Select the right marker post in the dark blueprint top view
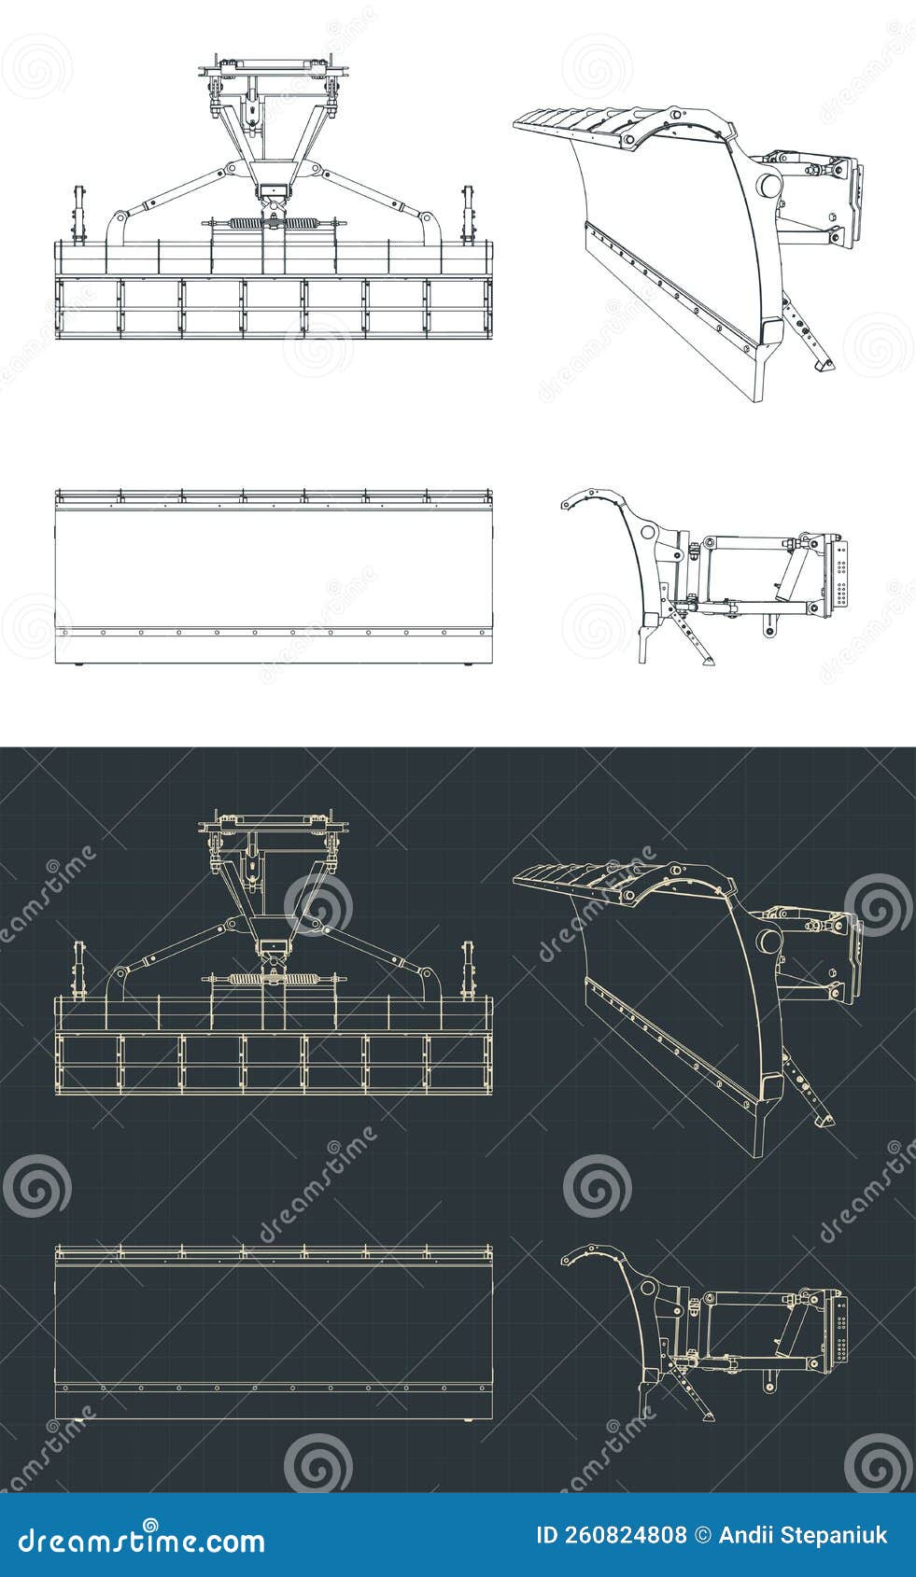468,970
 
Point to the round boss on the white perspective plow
769,186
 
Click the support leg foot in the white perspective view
824,368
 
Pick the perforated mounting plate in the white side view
842,578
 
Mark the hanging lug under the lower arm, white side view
769,626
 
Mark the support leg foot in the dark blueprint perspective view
824,1123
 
